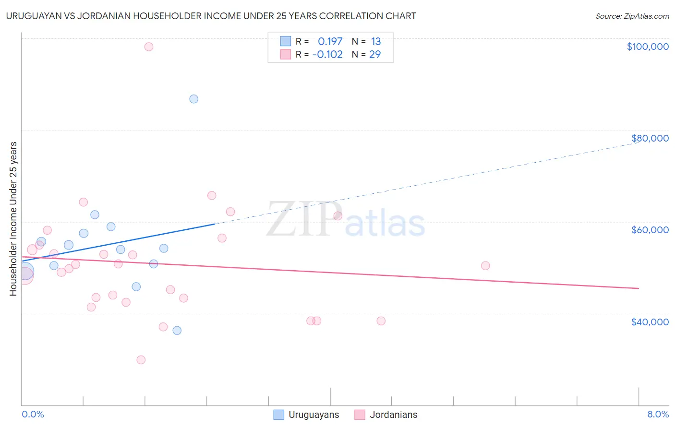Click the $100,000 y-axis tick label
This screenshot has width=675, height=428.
(648, 47)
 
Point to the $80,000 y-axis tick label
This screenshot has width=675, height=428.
(650, 138)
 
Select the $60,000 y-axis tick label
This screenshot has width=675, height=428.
(650, 230)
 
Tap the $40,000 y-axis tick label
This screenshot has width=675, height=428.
(650, 322)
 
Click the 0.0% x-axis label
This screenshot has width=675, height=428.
(33, 415)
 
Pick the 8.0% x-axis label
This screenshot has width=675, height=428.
(658, 415)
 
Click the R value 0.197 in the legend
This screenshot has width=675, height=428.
(330, 42)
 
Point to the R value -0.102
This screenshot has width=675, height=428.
(327, 55)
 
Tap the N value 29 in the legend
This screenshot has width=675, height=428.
(375, 55)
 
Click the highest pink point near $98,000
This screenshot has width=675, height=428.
(149, 47)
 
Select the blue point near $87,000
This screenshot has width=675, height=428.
(194, 99)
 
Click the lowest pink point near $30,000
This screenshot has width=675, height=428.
(141, 360)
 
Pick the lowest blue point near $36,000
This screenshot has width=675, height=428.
(177, 331)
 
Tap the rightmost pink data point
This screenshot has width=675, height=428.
(485, 266)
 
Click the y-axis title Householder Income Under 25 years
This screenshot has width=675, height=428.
(13, 219)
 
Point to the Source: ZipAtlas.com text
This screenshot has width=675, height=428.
(632, 16)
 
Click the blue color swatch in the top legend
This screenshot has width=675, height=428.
(286, 42)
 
